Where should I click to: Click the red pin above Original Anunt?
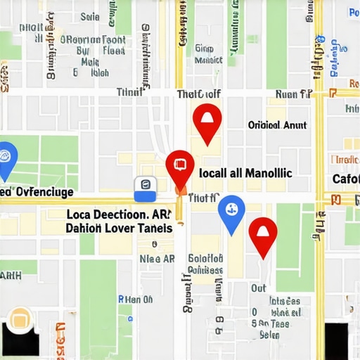tap(207, 120)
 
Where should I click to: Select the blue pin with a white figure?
tap(231, 210)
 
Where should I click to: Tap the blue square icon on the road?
tap(144, 186)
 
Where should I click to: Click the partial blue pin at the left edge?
tap(6, 157)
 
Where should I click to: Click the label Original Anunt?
tap(277, 125)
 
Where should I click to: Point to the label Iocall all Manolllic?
tap(245, 172)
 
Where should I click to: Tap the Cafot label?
tap(345, 179)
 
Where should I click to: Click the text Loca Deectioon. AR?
tap(118, 214)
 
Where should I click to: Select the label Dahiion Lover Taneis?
tap(118, 229)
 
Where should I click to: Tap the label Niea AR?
tap(157, 258)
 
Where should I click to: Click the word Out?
tap(259, 288)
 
